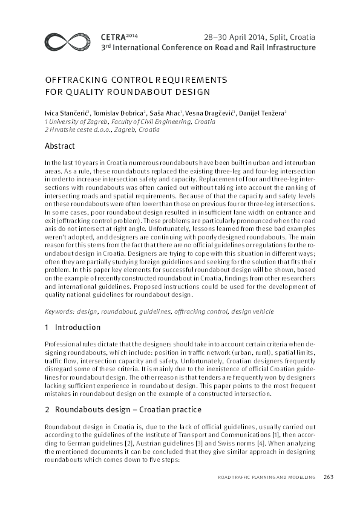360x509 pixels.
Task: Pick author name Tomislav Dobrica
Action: [x=119, y=113]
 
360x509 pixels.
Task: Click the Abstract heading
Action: [x=60, y=146]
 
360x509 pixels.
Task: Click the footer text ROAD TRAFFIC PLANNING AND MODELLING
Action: [x=266, y=478]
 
